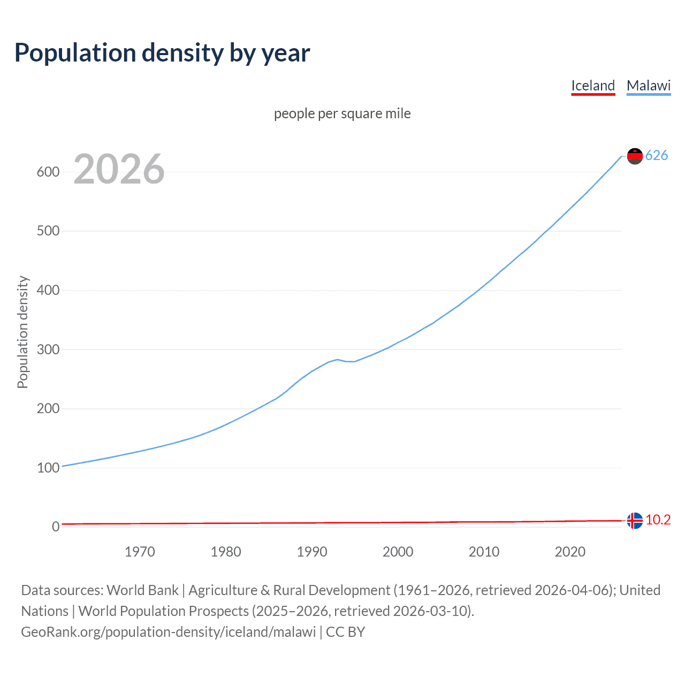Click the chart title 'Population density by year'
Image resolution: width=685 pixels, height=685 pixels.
[162, 53]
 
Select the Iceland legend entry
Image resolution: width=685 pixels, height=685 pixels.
[593, 86]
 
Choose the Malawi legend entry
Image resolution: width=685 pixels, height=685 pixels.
[649, 86]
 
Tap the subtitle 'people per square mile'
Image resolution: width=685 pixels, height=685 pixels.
[342, 113]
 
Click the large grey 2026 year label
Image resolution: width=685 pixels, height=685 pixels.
[119, 169]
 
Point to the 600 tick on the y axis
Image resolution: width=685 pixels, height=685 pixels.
[48, 172]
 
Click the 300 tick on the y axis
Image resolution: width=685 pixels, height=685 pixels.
[48, 349]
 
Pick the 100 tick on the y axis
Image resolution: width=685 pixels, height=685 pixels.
[48, 468]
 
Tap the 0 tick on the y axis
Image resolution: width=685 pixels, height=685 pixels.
[56, 527]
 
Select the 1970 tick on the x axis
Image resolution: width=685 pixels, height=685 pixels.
[140, 552]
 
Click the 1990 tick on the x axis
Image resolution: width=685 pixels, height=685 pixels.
[312, 552]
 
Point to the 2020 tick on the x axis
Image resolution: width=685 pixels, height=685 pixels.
[570, 552]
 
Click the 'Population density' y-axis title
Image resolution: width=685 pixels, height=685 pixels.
[22, 332]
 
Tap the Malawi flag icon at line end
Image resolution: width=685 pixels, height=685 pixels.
[635, 156]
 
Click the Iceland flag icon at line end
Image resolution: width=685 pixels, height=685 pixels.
[635, 520]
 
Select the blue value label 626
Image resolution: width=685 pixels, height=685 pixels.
[657, 155]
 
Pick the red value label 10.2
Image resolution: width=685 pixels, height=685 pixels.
[658, 520]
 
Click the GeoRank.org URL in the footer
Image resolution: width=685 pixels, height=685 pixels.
[168, 632]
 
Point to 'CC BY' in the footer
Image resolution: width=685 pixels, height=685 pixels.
[345, 632]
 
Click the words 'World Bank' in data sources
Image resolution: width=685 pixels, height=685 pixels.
[142, 590]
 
